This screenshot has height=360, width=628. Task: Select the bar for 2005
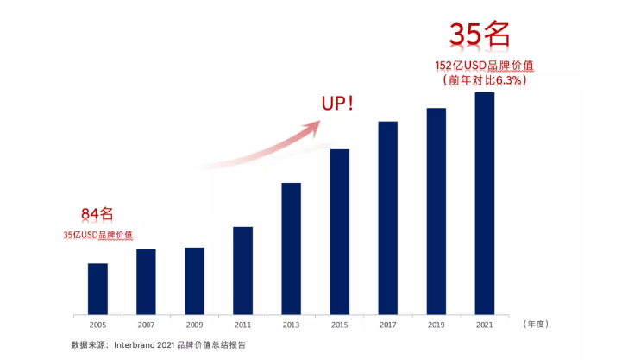pos(97,288)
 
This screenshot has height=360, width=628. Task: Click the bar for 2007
pos(146,281)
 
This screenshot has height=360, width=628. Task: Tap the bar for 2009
pos(194,281)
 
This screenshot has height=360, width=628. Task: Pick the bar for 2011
pos(242,270)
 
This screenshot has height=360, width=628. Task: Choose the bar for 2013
pos(291,248)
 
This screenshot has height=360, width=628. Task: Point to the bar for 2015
pos(339,231)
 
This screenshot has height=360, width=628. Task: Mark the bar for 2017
pos(387,218)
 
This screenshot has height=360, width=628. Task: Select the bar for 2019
pos(436,211)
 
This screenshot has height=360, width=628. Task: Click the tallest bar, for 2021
pos(484,203)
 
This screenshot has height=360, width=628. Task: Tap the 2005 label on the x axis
pos(97,325)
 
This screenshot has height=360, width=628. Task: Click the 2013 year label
pos(291,325)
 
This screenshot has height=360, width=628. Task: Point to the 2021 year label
pos(484,325)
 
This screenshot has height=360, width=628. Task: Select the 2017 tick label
pos(387,325)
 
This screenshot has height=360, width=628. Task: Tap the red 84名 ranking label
pos(97,214)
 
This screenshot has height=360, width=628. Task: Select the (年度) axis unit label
pos(536,325)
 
